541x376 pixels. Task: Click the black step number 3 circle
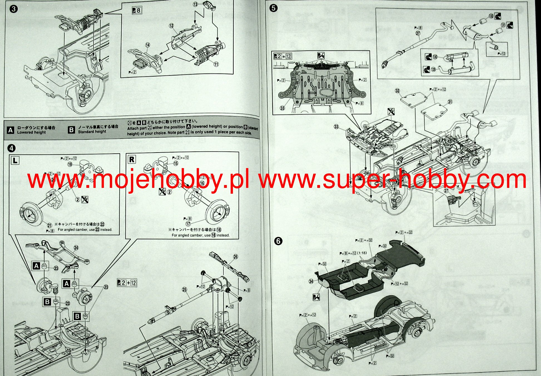pyautogui.click(x=13, y=9)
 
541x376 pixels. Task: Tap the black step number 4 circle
pyautogui.click(x=11, y=148)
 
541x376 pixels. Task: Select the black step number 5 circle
pyautogui.click(x=273, y=8)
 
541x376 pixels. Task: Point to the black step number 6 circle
pyautogui.click(x=278, y=241)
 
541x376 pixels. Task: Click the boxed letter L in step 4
pyautogui.click(x=15, y=160)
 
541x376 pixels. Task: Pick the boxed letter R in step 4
pyautogui.click(x=132, y=159)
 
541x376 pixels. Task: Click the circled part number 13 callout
pyautogui.click(x=195, y=4)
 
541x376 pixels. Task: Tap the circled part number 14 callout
pyautogui.click(x=147, y=45)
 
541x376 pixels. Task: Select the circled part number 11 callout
pyautogui.click(x=216, y=64)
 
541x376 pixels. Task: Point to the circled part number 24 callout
pyautogui.click(x=76, y=247)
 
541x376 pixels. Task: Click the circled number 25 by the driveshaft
pyautogui.click(x=184, y=290)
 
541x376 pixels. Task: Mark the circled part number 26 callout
pyautogui.click(x=236, y=257)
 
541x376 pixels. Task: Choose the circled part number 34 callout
pyautogui.click(x=311, y=281)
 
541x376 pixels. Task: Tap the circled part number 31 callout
pyautogui.click(x=450, y=102)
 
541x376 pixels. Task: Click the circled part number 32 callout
pyautogui.click(x=397, y=91)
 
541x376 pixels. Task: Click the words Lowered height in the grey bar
pyautogui.click(x=31, y=132)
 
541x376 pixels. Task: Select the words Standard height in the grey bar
pyautogui.click(x=92, y=132)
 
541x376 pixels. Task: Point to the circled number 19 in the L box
pyautogui.click(x=70, y=164)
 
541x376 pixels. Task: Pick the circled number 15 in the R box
pyautogui.click(x=176, y=163)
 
